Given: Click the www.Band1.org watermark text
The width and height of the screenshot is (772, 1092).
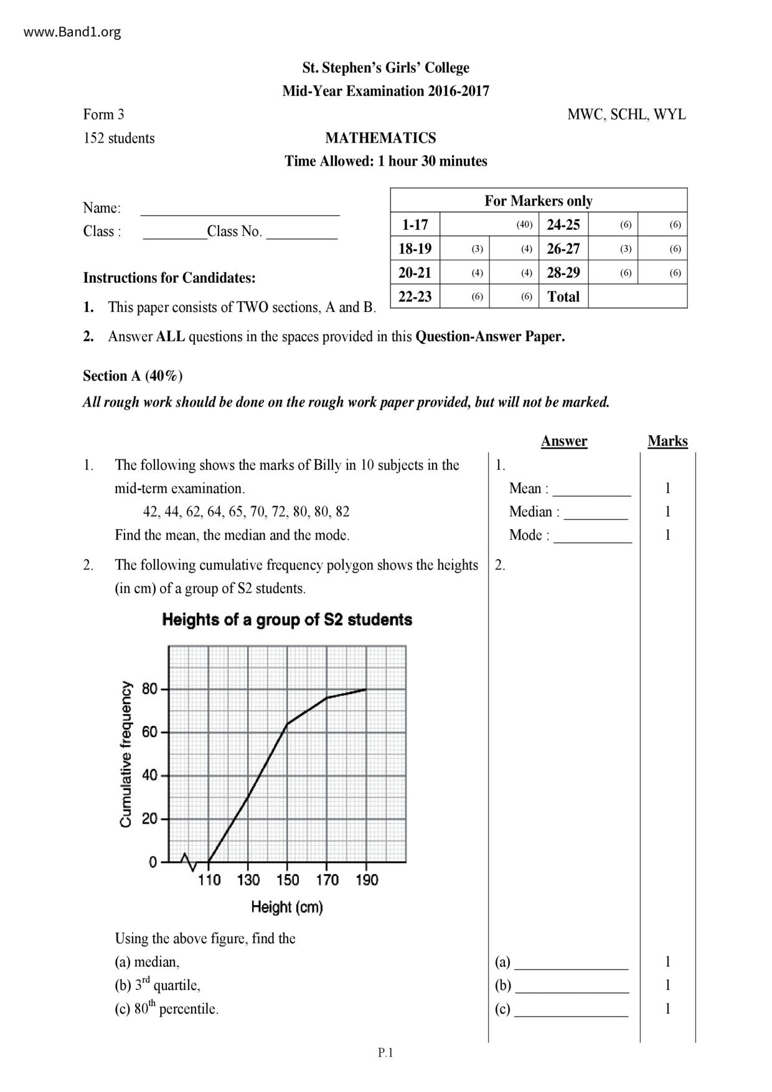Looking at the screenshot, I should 72,32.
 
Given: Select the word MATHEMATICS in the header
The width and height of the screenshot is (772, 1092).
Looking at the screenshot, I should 380,138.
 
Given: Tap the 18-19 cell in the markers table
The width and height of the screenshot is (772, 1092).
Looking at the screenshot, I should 415,248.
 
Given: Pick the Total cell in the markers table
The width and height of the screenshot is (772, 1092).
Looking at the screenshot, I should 563,296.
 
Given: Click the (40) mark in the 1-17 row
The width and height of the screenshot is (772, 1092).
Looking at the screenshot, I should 524,225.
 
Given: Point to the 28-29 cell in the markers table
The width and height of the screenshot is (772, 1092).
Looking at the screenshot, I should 563,273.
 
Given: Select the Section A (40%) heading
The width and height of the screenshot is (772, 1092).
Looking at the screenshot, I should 133,375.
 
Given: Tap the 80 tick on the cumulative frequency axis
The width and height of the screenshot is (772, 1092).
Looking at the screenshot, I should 150,689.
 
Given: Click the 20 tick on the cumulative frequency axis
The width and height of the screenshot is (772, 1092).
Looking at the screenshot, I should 150,819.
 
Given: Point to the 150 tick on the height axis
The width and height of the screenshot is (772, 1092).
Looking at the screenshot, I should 288,880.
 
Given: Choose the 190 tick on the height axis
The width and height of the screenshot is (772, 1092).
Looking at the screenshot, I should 367,880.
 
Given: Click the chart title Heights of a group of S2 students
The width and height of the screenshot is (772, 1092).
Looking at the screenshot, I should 287,619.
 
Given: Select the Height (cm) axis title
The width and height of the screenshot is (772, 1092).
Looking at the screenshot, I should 287,907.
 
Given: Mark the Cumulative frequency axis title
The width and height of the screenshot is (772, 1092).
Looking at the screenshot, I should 126,754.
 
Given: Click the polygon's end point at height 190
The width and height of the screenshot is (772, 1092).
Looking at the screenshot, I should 366,689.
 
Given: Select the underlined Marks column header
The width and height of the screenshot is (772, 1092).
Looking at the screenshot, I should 667,441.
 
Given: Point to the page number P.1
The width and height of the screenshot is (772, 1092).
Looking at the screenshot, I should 385,1053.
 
